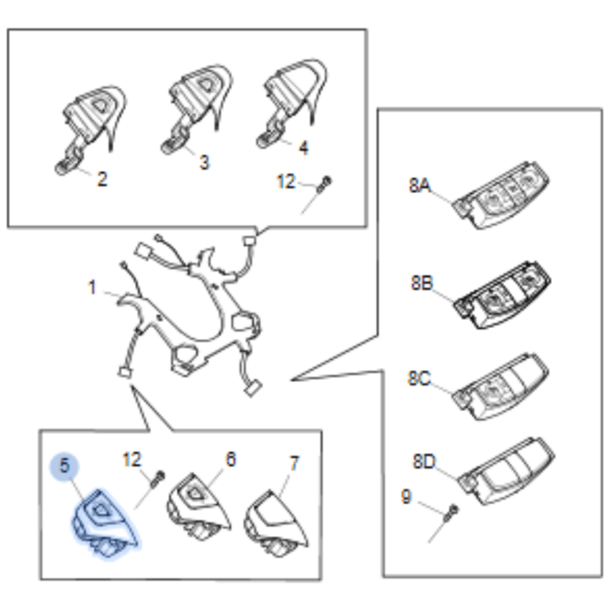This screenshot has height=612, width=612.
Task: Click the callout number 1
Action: [x=92, y=287]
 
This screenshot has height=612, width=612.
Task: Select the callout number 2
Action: [x=102, y=179]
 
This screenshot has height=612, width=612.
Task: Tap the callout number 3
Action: [x=204, y=162]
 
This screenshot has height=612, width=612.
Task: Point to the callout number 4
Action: [x=303, y=148]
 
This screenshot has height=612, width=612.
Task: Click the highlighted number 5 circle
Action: [x=65, y=466]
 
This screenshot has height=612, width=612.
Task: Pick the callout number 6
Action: [x=230, y=459]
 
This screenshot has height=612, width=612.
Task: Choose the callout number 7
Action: [x=294, y=463]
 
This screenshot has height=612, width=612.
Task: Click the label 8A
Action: [x=419, y=185]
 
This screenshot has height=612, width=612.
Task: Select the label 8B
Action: [x=422, y=283]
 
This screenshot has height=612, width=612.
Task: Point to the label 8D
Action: [x=424, y=461]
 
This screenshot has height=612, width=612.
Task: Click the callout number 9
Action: [x=406, y=496]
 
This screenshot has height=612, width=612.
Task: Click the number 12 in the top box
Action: [x=286, y=181]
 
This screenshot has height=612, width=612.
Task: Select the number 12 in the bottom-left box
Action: [x=132, y=459]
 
